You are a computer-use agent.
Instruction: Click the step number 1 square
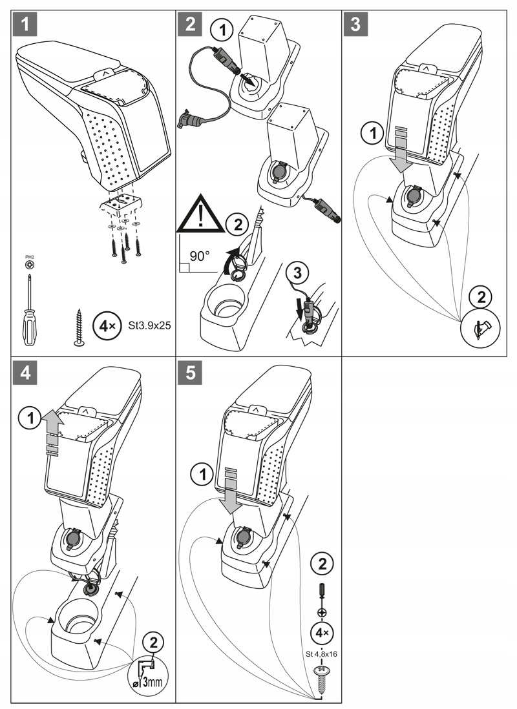pyautogui.click(x=24, y=26)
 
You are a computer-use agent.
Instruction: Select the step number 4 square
pyautogui.click(x=24, y=374)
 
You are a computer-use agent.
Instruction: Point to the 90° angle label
pyautogui.click(x=199, y=256)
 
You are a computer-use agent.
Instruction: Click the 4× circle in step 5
pyautogui.click(x=322, y=631)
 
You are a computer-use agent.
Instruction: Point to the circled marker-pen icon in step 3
pyautogui.click(x=480, y=327)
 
